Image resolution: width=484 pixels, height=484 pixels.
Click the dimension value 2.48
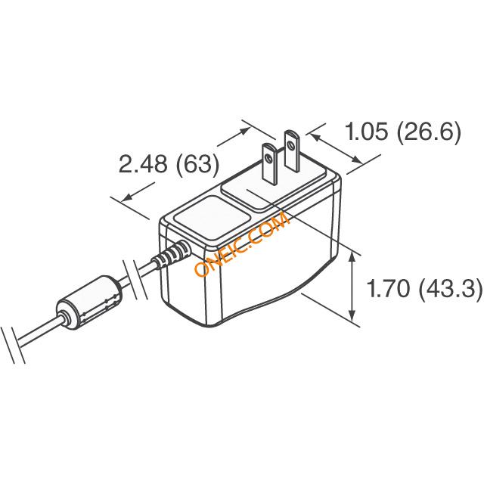pos(143,164)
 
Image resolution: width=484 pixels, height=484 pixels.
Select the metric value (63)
pos(197,165)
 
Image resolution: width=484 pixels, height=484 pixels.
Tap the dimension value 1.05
pos(366,131)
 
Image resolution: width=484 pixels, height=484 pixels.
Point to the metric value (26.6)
pos(429,132)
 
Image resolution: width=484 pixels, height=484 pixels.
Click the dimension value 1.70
pos(388,289)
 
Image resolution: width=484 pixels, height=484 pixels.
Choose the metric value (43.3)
pos(451,289)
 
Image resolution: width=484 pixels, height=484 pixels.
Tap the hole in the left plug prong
pos(268,159)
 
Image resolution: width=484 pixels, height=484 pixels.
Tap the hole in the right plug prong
pos(290,144)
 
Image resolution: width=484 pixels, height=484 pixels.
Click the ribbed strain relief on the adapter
pos(172,254)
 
